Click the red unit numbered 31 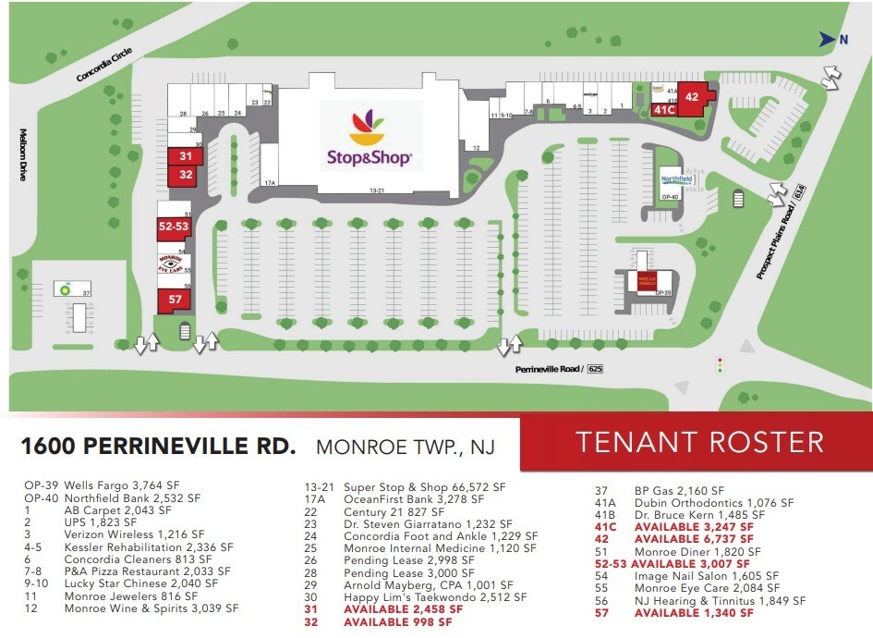[x=186, y=155]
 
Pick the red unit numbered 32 [x=186, y=174]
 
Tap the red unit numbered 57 [x=173, y=300]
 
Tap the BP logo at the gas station [x=65, y=288]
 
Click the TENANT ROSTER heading [x=700, y=442]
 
